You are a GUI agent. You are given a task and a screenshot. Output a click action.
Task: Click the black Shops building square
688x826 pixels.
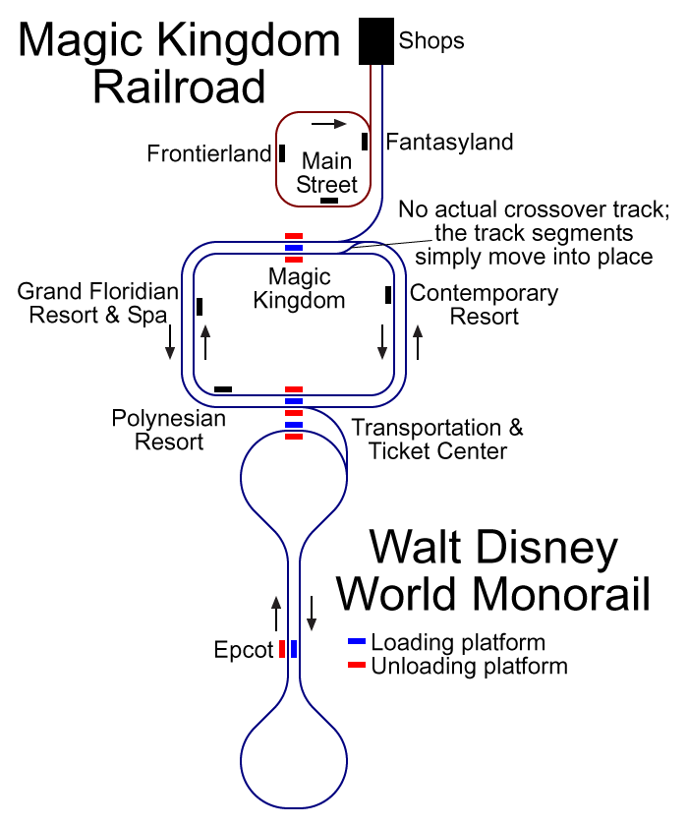coord(376,41)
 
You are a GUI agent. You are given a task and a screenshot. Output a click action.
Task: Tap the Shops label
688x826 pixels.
coord(431,41)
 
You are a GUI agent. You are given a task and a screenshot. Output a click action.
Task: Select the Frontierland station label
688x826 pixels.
coord(209,153)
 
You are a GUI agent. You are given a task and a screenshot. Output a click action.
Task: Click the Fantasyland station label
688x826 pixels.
coord(449,143)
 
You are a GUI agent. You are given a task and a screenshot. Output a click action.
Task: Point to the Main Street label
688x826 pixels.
coord(327,173)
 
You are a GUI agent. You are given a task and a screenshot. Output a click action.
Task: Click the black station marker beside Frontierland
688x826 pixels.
coord(282,153)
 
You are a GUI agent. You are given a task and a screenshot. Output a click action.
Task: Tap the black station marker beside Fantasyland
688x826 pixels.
coord(365,142)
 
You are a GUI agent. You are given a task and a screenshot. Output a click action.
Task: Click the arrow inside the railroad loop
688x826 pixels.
coord(329,124)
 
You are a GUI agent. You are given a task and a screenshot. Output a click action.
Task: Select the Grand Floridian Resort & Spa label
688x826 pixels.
coord(98,304)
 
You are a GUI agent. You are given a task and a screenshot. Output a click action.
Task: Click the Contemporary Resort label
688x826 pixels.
coord(485,305)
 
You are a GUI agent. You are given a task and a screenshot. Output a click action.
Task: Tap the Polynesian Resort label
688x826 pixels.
coord(169,430)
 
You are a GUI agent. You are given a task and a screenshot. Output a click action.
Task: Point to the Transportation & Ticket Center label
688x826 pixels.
coord(437,440)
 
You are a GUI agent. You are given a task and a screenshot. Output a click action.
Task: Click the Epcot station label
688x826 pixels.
coord(244,650)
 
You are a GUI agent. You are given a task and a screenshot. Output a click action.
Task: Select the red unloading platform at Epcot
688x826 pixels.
coord(282,649)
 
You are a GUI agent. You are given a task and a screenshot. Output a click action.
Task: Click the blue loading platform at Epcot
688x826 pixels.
coord(294,649)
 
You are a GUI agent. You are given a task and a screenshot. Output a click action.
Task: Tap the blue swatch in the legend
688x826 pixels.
coord(357,641)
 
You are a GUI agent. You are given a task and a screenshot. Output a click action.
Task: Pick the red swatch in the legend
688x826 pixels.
coord(357,665)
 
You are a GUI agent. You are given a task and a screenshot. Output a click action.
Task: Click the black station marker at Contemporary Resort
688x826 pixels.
coord(388,295)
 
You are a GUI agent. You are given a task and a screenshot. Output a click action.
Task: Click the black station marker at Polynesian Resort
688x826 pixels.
coord(223,389)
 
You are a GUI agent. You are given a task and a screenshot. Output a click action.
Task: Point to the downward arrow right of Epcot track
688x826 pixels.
coord(312,614)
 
